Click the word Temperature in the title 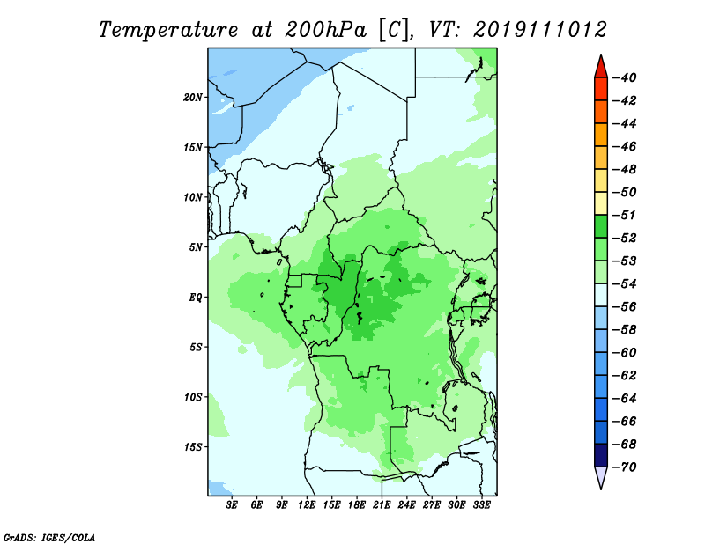[168, 30]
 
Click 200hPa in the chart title [325, 30]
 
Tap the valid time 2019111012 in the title [540, 30]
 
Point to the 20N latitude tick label [193, 98]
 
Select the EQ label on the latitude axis [196, 298]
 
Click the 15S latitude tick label [193, 447]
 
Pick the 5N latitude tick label [196, 247]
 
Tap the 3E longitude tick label [232, 505]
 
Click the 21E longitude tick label [382, 505]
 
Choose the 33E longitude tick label [481, 505]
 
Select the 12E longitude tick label [306, 505]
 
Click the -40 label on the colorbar [625, 77]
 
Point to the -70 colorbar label [625, 467]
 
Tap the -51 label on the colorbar [625, 215]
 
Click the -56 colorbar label [625, 307]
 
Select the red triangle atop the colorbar [601, 67]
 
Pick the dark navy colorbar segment [601, 455]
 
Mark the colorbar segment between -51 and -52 [601, 226]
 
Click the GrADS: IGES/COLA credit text [49, 538]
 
